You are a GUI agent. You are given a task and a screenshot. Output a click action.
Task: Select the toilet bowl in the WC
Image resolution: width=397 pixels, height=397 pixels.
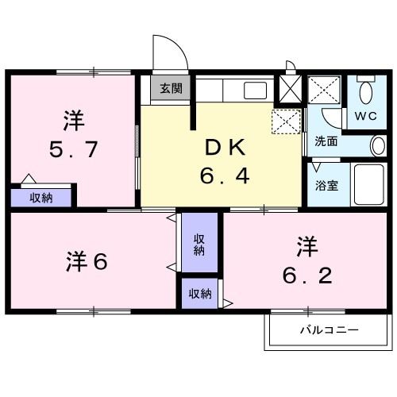click(366, 94)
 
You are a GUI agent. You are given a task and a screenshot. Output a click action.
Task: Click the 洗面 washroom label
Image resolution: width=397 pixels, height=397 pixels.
click(326, 142)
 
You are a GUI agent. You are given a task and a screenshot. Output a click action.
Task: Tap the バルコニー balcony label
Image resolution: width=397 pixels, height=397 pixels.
click(329, 330)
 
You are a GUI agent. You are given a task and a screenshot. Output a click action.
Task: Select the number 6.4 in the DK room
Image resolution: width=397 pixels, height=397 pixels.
click(225, 175)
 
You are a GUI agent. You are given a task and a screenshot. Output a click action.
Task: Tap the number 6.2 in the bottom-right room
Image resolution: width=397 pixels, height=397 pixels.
click(306, 276)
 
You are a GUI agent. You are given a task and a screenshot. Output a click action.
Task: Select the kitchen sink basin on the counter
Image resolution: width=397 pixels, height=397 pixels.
click(255, 89)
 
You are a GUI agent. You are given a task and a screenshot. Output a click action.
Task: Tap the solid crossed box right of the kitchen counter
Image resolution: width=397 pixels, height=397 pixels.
click(288, 88)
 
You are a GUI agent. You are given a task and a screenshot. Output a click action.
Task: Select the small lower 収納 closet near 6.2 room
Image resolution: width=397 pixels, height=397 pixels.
click(200, 294)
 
